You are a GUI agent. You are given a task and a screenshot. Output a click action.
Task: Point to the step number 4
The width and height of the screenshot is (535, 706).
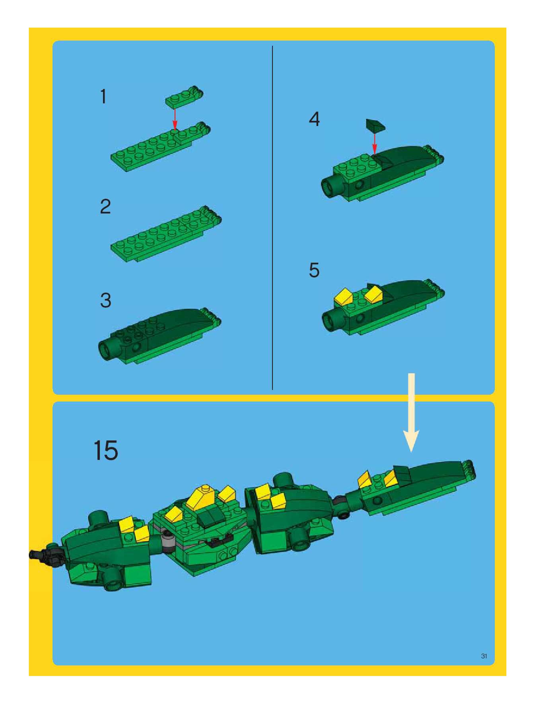314,120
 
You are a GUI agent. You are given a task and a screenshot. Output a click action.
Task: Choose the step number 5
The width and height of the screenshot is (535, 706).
314,270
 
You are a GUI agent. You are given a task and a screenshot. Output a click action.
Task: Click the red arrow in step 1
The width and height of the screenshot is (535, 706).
175,119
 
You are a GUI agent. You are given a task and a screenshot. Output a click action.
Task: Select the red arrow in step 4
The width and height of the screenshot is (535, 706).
374,143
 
